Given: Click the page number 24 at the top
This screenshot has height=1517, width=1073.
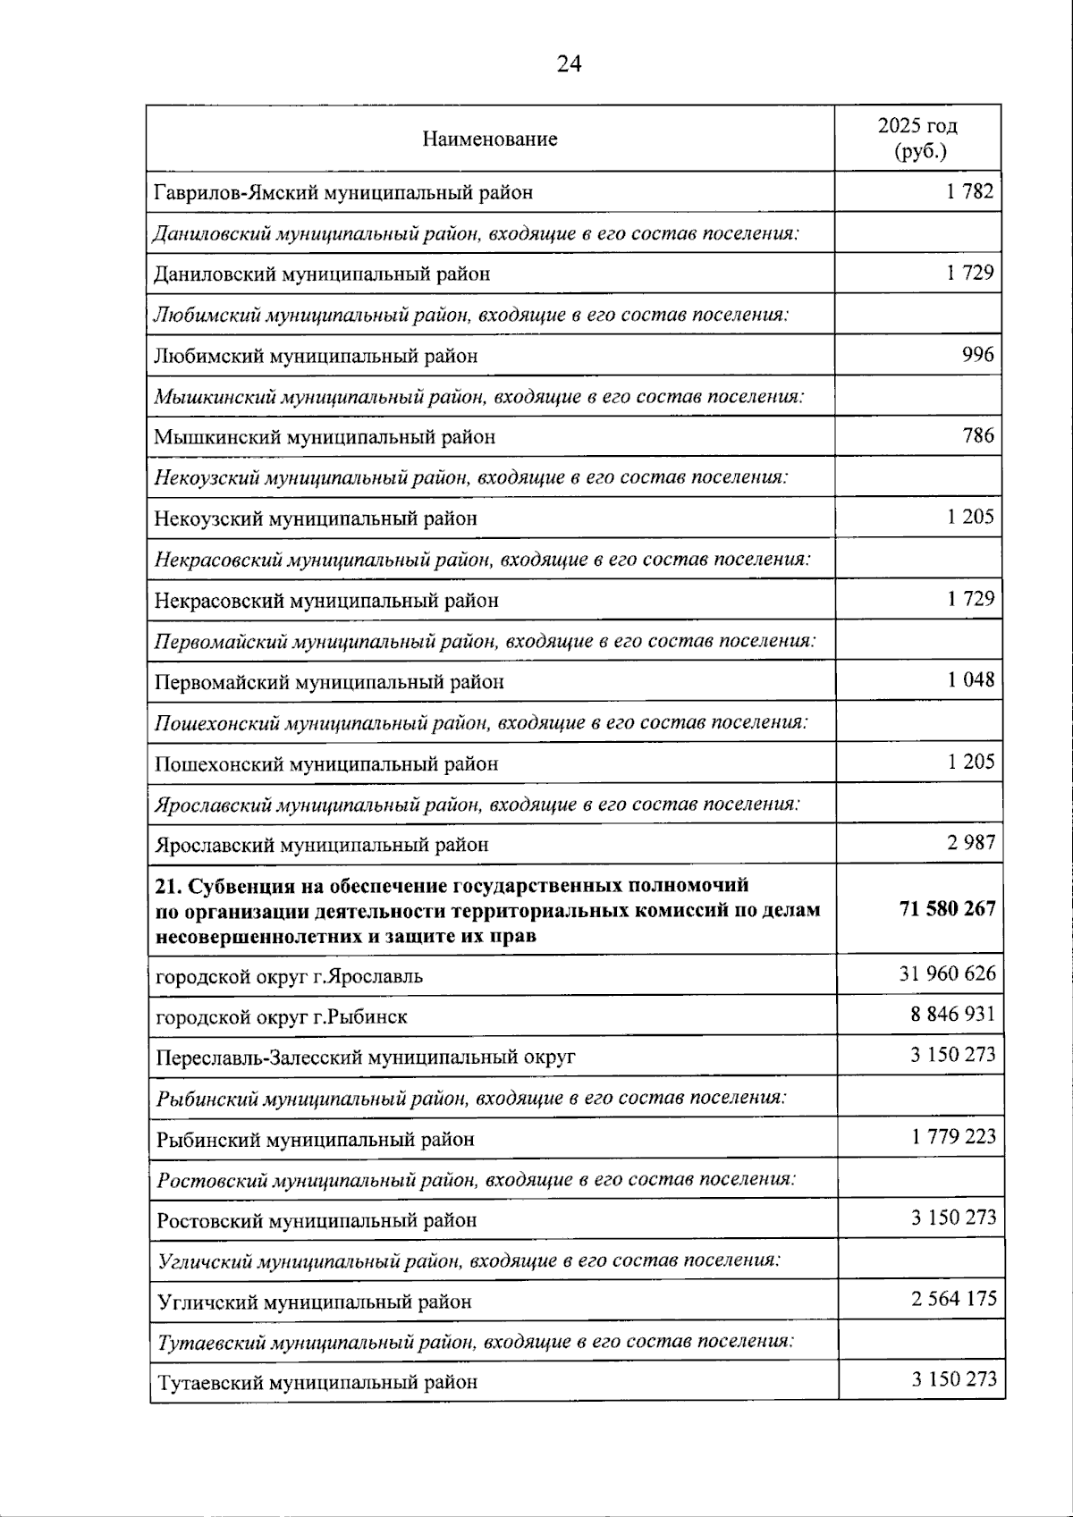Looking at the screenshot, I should [569, 63].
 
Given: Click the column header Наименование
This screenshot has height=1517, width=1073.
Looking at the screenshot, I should [490, 139].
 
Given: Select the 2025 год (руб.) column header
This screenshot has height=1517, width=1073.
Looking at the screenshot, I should [917, 138].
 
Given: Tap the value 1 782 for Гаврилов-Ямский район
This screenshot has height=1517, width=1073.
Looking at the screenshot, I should [970, 190].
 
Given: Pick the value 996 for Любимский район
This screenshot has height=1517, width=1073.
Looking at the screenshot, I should [977, 354].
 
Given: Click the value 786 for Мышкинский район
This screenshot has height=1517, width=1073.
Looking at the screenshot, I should [978, 435].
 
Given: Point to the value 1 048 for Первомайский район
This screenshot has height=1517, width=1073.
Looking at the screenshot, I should [970, 679].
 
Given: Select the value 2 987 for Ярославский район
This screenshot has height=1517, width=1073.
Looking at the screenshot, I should [970, 842].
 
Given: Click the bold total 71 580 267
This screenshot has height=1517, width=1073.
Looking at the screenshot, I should [947, 908].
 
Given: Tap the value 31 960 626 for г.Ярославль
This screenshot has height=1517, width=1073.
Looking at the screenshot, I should [947, 973].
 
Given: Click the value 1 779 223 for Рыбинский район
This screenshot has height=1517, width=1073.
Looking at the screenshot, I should [953, 1137].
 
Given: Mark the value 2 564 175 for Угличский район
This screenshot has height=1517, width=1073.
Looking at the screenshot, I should [953, 1299].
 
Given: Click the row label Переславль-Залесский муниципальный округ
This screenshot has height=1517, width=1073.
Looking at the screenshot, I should [365, 1058].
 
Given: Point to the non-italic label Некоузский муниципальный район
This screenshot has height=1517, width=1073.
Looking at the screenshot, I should [316, 518].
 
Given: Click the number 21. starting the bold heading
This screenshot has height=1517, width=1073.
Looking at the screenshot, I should [168, 886].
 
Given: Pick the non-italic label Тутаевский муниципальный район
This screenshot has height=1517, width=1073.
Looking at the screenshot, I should [317, 1382].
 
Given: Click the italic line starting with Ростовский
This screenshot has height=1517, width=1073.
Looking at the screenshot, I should [476, 1179].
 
